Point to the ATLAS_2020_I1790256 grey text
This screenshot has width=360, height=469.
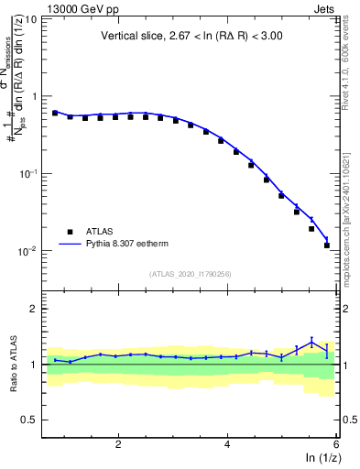coord(191,273)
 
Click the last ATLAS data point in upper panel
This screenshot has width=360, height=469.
coord(327,245)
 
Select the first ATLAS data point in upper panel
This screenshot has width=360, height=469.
coord(55,113)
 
